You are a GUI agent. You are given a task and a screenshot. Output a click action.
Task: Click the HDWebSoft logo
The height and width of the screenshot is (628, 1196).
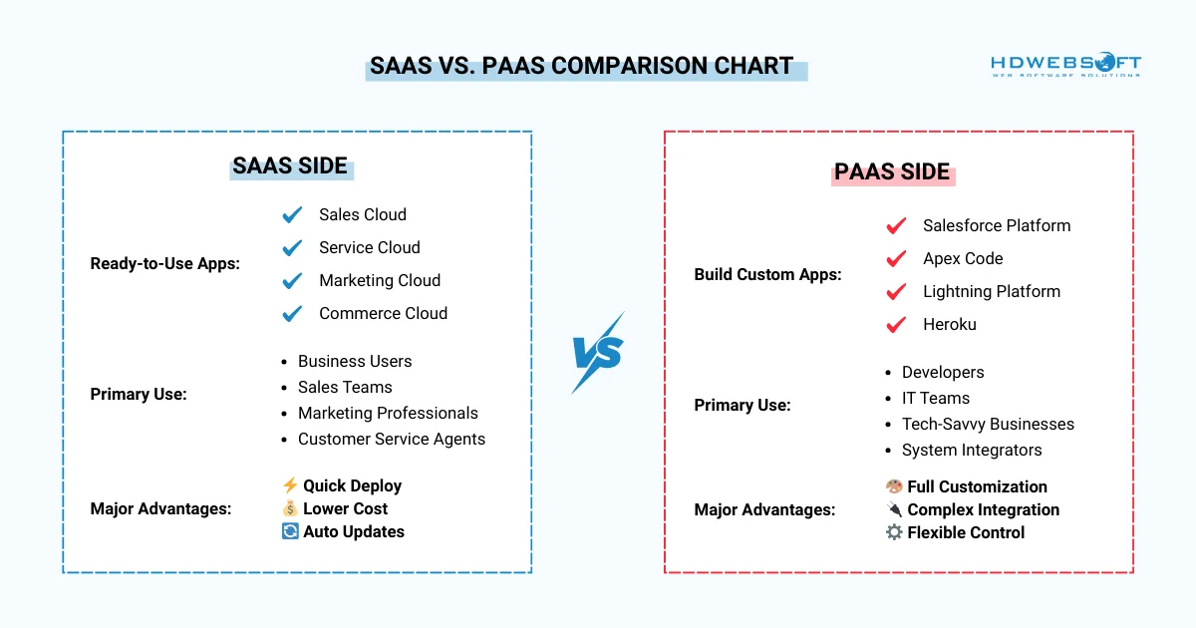pos(1065,66)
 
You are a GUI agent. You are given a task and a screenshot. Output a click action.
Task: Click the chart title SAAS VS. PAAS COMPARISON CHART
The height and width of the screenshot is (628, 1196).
pos(582,67)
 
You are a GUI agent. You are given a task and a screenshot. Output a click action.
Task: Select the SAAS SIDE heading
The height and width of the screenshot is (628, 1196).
pos(290,165)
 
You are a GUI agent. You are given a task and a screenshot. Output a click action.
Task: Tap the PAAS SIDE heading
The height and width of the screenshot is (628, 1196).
pos(892,171)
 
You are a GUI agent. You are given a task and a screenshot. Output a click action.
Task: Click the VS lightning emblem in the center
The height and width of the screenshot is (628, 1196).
pos(598,353)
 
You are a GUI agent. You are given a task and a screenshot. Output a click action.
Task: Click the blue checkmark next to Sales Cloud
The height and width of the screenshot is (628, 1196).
pos(292,214)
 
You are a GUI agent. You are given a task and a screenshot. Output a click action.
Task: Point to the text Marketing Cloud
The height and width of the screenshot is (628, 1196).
pos(379,280)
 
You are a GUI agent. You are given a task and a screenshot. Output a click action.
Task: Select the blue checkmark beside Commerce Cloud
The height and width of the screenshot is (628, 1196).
pos(292,313)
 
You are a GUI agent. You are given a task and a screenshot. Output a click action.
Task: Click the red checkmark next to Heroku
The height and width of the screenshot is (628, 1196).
pos(896,324)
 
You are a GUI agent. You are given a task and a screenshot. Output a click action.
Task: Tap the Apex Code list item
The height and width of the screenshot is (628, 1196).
pos(962,258)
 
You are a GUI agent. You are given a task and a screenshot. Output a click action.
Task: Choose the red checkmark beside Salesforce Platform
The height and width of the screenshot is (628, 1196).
pos(896,225)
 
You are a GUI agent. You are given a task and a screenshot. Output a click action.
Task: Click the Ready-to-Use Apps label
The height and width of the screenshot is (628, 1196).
pos(164,263)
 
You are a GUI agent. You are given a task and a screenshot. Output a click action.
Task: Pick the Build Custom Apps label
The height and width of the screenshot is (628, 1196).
pos(767,274)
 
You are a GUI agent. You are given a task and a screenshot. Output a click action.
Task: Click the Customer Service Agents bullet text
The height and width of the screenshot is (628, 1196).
pos(391,439)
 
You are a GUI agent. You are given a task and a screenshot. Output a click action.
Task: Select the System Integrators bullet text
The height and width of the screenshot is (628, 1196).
pos(971,450)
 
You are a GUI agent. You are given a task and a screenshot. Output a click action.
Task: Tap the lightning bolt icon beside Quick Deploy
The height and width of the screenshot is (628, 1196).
pos(290,485)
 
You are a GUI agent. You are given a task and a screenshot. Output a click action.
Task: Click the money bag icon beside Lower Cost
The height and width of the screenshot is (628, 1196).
pos(290,508)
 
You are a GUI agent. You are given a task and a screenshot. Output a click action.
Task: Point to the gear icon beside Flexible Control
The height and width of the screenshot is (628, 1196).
pos(894,532)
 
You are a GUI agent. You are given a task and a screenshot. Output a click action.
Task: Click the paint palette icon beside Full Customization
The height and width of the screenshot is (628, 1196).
pos(894,486)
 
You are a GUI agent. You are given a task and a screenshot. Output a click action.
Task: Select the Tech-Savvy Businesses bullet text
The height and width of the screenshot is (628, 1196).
pos(988,424)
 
